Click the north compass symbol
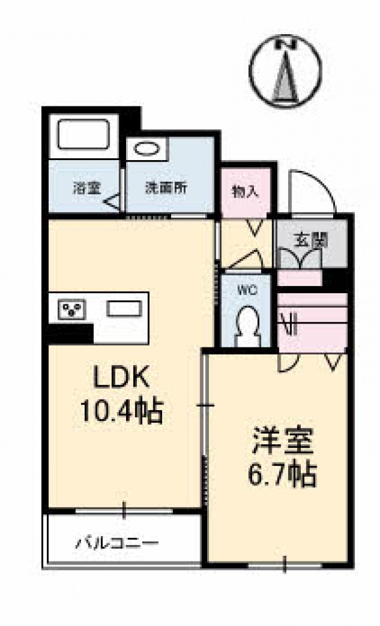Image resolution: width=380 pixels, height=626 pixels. tap(285, 72)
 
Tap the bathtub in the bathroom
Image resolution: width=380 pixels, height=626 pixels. tap(84, 135)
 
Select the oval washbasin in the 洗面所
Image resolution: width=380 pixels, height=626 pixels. tap(146, 149)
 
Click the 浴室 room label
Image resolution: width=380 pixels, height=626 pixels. tap(86, 187)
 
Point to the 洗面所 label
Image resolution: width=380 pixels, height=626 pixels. tap(166, 187)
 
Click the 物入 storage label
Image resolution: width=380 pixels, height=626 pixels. tap(246, 192)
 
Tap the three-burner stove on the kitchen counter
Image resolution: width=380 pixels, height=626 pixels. tap(72, 309)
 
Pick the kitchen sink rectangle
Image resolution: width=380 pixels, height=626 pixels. tap(124, 309)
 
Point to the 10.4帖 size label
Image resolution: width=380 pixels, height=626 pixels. tap(122, 410)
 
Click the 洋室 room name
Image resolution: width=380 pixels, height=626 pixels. tap(282, 441)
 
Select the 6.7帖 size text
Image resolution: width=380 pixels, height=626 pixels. tap(282, 473)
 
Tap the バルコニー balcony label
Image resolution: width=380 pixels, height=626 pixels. tap(117, 543)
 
